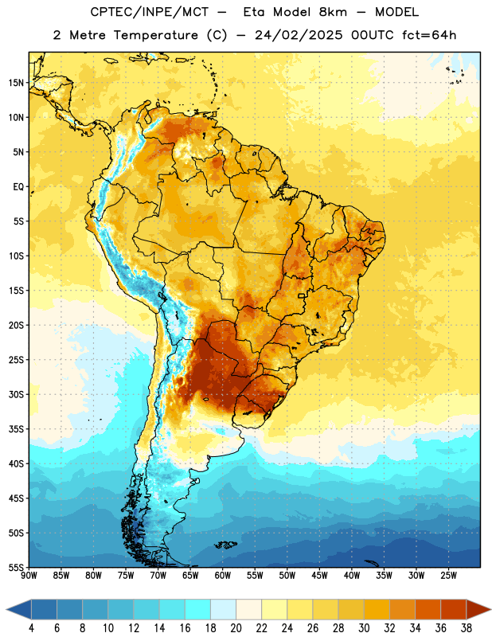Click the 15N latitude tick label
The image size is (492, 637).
[x=15, y=83]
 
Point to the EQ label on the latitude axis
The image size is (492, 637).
[x=18, y=187]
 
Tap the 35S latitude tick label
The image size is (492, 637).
[x=15, y=429]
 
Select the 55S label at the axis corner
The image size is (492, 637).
[x=15, y=567]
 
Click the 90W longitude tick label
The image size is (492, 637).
[x=29, y=576]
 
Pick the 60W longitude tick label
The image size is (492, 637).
[x=223, y=576]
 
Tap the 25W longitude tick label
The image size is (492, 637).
[x=448, y=576]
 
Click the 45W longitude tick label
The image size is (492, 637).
[x=319, y=576]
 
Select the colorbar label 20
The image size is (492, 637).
[x=236, y=628]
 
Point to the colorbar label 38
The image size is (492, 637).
[x=467, y=628]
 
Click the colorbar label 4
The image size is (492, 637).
[x=31, y=628]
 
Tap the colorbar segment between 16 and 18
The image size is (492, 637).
[x=198, y=609]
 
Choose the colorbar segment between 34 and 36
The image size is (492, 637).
[x=428, y=609]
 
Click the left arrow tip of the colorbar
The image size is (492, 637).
[x=6, y=609]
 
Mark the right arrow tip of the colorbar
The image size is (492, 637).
[x=491, y=609]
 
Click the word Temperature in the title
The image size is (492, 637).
[x=155, y=35]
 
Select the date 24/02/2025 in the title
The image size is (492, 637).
[x=299, y=35]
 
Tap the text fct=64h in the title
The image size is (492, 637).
[x=429, y=35]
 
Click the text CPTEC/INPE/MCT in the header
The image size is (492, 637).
[x=150, y=13]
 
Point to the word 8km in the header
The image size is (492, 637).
[x=333, y=12]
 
